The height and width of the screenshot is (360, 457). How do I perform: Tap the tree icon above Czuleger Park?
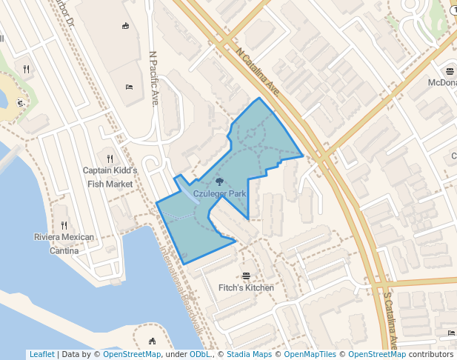(219, 181)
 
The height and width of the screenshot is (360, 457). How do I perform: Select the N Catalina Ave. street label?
(259, 72)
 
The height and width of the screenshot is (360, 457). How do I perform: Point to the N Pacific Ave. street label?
(154, 78)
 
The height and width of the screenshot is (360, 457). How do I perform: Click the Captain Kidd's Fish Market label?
(110, 177)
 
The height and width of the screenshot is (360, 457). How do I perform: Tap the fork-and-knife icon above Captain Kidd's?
(110, 158)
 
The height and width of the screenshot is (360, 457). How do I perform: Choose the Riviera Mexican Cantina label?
(64, 244)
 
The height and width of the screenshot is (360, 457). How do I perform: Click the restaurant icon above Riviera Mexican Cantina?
(64, 225)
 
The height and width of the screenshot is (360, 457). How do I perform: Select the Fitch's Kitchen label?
(246, 287)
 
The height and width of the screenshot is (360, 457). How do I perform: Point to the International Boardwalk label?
(181, 289)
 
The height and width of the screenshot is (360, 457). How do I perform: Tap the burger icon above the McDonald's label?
(450, 71)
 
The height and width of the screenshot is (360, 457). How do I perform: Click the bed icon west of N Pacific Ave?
(130, 87)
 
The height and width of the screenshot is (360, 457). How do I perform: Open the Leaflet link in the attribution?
(41, 355)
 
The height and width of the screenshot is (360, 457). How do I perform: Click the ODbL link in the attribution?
(200, 355)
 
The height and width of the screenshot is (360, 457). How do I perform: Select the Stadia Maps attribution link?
(249, 355)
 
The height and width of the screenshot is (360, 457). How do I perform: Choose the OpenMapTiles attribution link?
(311, 355)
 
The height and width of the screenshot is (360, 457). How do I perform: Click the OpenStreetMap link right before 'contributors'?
(377, 355)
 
